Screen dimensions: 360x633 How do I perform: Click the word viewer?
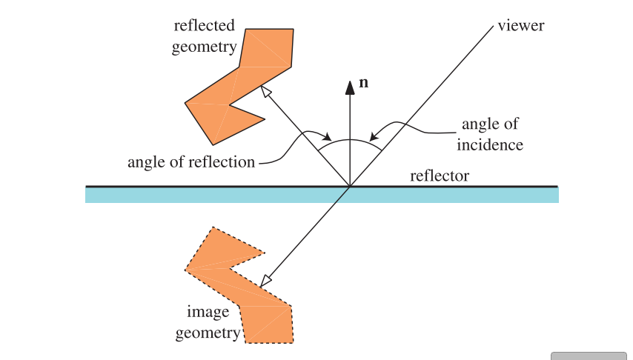pyautogui.click(x=521, y=26)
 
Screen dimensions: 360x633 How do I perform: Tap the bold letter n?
pyautogui.click(x=363, y=83)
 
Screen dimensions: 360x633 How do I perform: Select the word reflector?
pyautogui.click(x=440, y=176)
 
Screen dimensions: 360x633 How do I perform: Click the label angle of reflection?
pyautogui.click(x=191, y=162)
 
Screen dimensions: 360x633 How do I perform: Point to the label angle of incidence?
pyautogui.click(x=490, y=134)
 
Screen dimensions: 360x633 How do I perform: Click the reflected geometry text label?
pyautogui.click(x=205, y=36)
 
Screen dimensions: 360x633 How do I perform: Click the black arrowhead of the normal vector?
pyautogui.click(x=350, y=87)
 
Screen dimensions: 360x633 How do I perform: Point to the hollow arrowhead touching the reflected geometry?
pyautogui.click(x=266, y=90)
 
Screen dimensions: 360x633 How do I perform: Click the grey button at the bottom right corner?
pyautogui.click(x=589, y=356)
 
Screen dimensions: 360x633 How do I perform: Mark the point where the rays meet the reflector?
pyautogui.click(x=350, y=186)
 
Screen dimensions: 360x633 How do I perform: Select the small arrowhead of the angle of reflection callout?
pyautogui.click(x=325, y=138)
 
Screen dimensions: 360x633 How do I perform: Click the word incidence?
pyautogui.click(x=490, y=144)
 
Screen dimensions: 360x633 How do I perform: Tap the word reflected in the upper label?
pyautogui.click(x=205, y=26)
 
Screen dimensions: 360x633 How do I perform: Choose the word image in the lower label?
pyautogui.click(x=208, y=312)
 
